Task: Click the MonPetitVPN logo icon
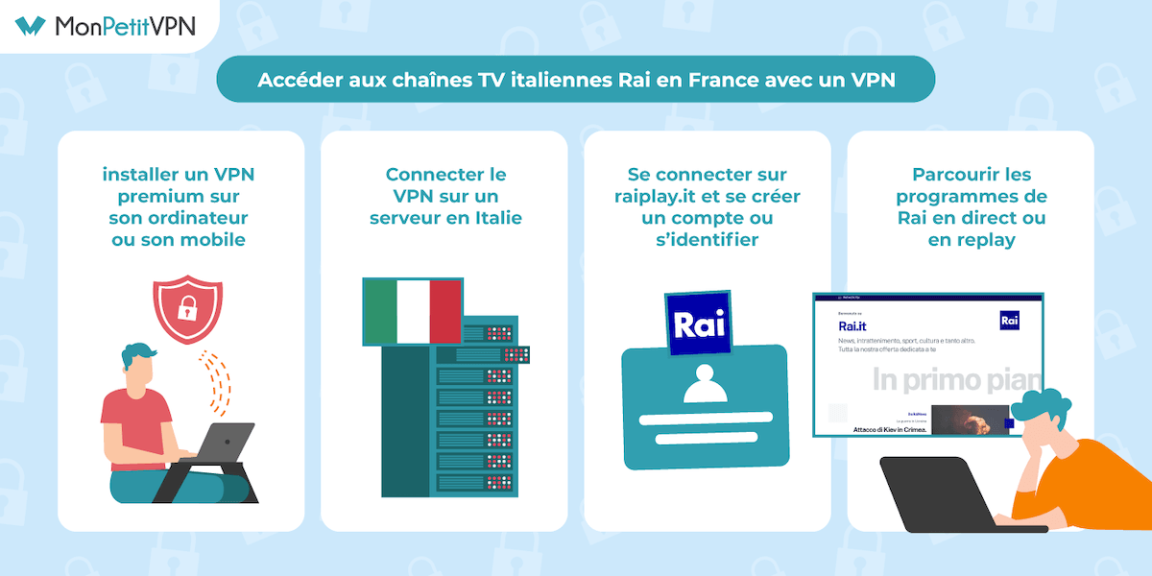(30, 25)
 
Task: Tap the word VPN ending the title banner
(873, 81)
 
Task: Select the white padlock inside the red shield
(188, 307)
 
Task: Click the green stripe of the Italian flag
(380, 310)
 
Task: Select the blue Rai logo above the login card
(698, 324)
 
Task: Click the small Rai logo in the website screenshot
(1009, 321)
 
